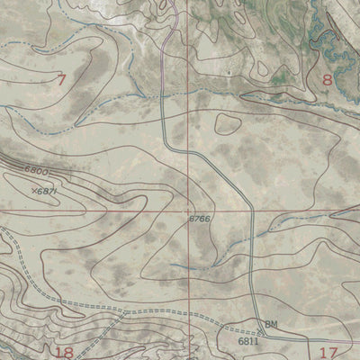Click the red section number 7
(x=61, y=80)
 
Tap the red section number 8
(x=327, y=80)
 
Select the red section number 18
(x=64, y=351)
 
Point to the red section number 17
(x=327, y=352)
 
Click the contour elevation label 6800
(x=37, y=171)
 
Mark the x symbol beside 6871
(x=32, y=191)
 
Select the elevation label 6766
(x=201, y=219)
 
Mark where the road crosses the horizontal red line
(x=251, y=210)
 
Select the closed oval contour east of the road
(x=225, y=123)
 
